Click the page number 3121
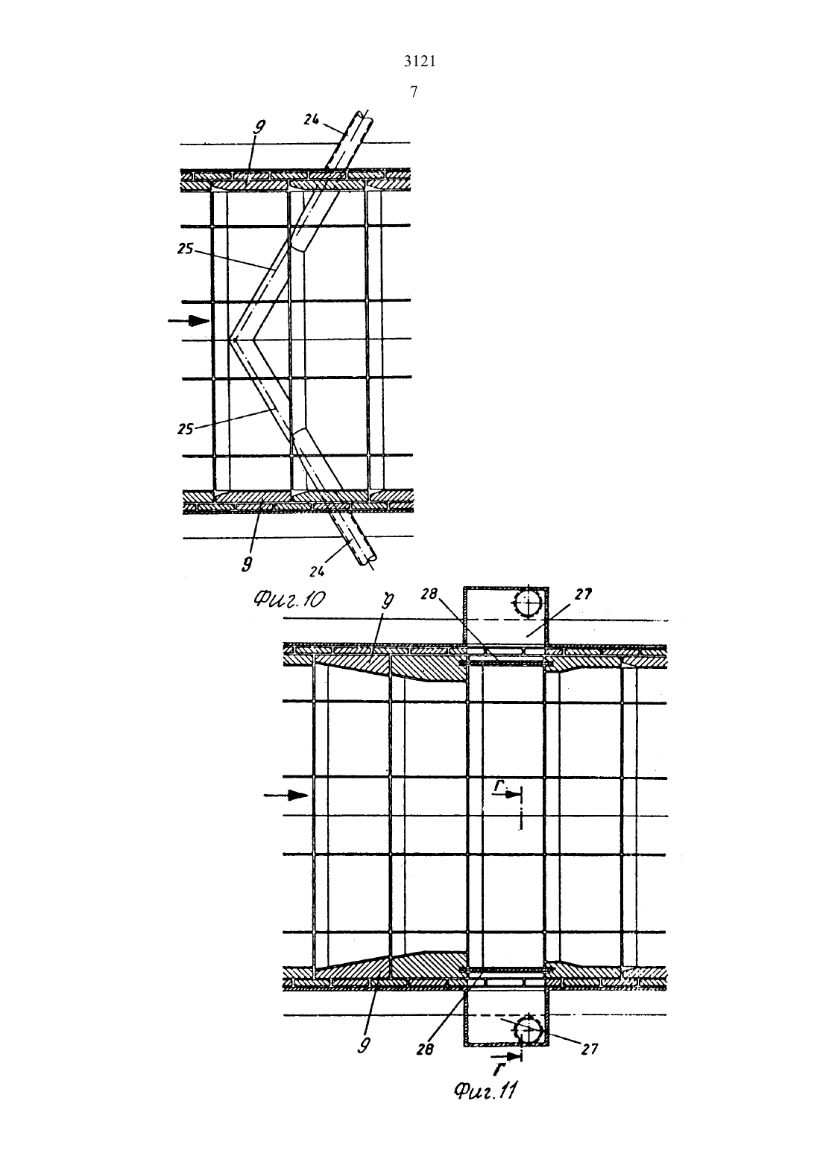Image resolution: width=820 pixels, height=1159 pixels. tap(420, 62)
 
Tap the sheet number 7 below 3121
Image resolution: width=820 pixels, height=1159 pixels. tap(414, 92)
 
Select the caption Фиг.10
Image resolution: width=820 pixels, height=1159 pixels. tap(289, 600)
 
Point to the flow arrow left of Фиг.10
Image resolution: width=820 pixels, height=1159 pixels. tap(189, 321)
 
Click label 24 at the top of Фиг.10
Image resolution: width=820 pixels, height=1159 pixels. tap(312, 120)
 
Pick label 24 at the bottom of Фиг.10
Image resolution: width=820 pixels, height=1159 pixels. tap(317, 571)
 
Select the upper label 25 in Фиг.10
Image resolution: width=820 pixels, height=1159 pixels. tap(185, 249)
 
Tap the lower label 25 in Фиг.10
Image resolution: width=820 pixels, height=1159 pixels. tap(185, 429)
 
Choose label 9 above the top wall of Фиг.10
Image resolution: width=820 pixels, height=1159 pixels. tap(257, 127)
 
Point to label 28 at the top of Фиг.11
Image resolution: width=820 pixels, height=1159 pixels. tap(429, 594)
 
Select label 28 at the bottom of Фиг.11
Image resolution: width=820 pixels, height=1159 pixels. tap(424, 1050)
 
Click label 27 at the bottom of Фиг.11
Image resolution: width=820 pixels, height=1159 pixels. tap(590, 1049)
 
